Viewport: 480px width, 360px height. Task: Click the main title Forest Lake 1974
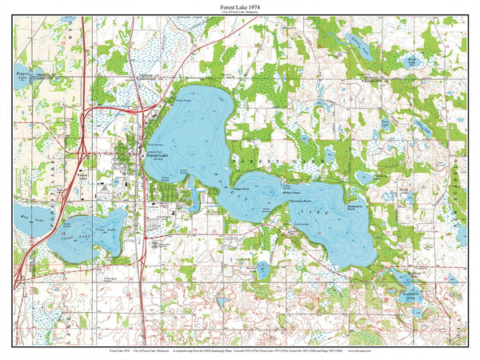click(x=240, y=6)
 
